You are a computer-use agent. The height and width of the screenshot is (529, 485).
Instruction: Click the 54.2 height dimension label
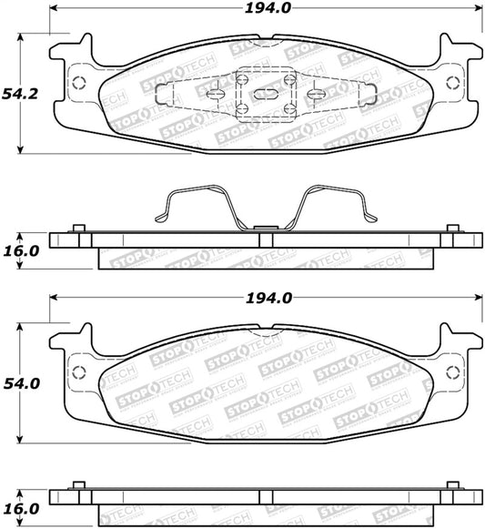20,94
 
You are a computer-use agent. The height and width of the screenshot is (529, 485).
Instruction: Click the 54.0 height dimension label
22,384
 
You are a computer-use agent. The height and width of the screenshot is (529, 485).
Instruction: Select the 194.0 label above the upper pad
268,8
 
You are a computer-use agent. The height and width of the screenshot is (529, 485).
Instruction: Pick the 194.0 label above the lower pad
268,299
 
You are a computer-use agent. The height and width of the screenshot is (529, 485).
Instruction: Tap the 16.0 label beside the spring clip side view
21,251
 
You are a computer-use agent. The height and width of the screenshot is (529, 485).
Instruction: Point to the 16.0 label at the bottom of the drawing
21,509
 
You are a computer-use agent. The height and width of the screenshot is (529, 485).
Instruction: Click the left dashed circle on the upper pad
79,82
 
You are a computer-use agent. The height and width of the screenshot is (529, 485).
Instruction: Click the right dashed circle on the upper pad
452,83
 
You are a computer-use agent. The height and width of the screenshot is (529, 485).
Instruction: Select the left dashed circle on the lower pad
79,372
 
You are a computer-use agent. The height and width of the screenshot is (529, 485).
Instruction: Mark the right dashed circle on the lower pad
452,372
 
